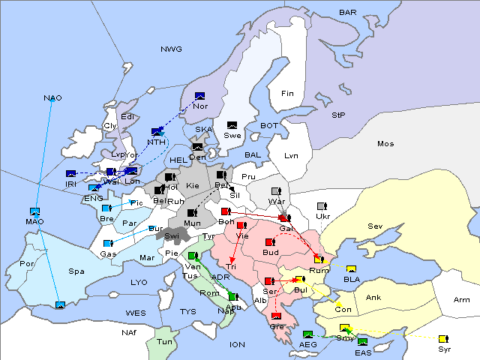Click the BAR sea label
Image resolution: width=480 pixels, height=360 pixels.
point(347,13)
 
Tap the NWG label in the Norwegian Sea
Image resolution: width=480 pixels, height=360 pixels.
point(171,49)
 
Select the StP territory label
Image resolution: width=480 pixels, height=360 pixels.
point(338,115)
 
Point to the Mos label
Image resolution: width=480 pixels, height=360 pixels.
point(385,143)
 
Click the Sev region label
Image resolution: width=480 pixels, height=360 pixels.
point(375,226)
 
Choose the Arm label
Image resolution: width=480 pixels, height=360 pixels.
point(462,300)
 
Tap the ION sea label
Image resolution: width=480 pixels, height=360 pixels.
point(237,344)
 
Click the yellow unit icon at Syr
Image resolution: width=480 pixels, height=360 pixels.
point(443,339)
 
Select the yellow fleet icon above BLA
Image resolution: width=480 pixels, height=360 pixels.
point(351,269)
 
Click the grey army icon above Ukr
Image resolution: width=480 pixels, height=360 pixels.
point(322,206)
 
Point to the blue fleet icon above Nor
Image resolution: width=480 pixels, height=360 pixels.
point(199,96)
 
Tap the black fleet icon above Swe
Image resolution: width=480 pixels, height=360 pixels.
point(232,124)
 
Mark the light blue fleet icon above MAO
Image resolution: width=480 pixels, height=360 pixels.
point(34,211)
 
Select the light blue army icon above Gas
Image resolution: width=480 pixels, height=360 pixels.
point(108,244)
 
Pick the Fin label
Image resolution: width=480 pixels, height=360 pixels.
point(286,93)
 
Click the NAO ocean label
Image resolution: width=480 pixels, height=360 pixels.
point(52,98)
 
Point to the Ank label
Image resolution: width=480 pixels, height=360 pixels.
point(373,297)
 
